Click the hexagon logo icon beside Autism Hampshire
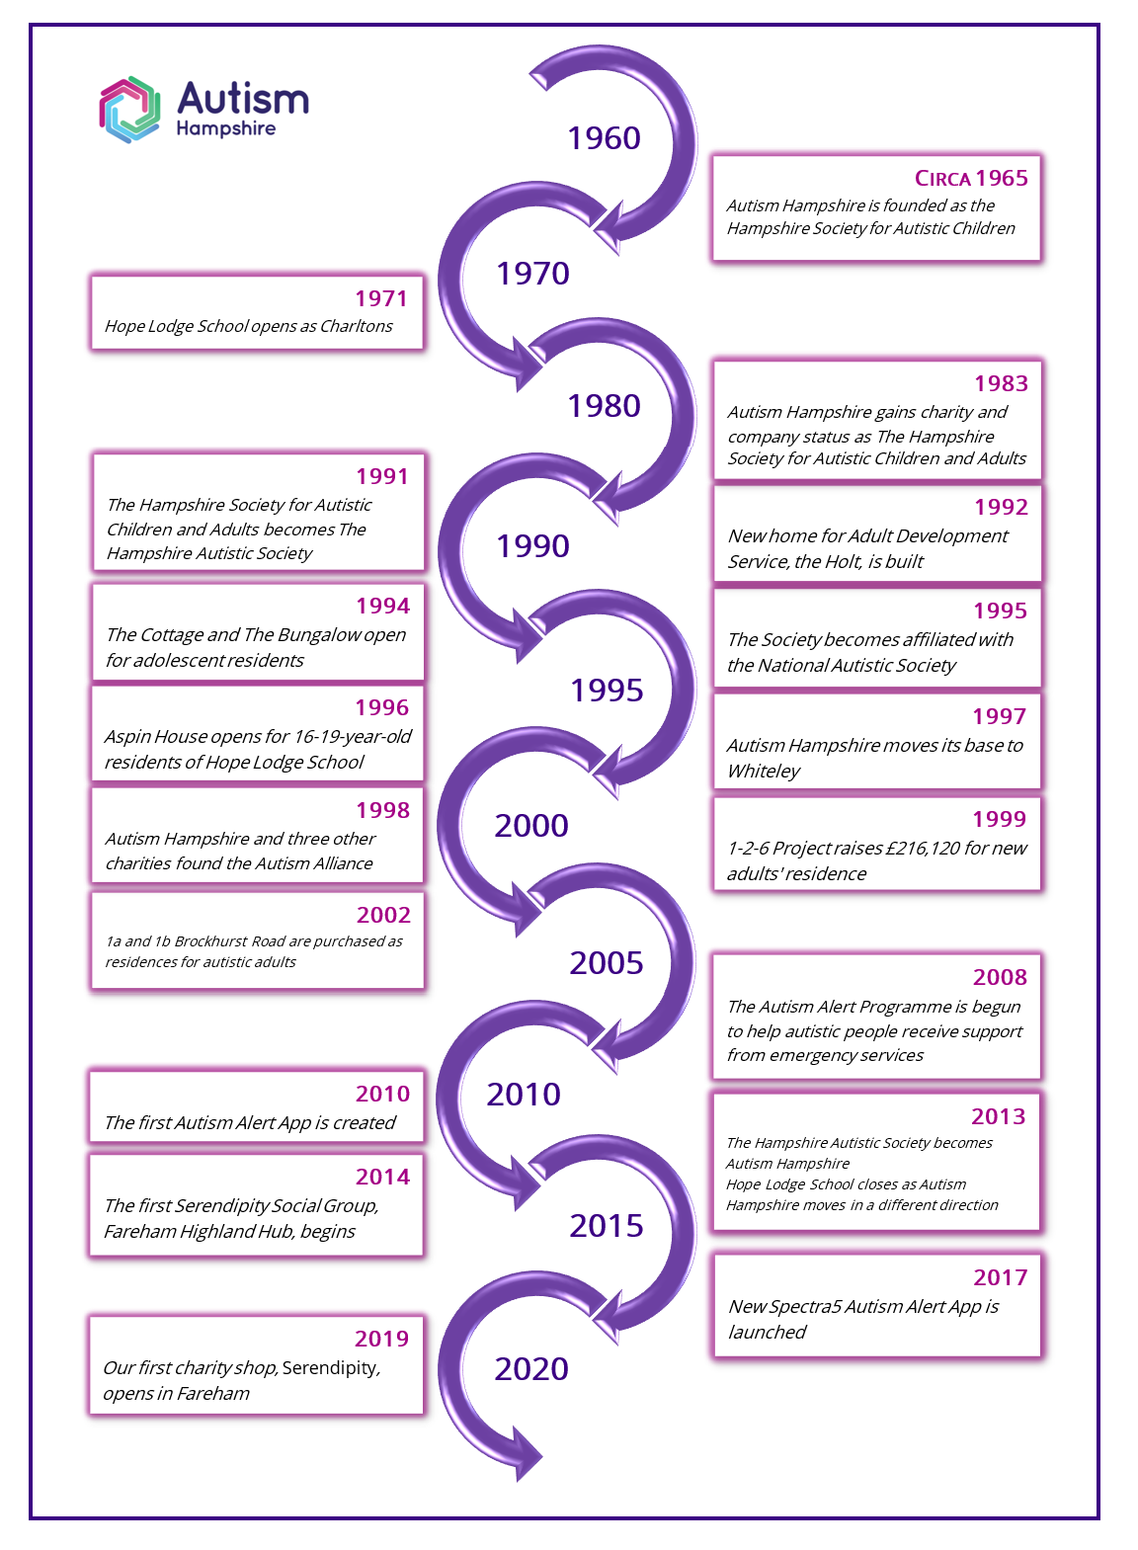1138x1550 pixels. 129,109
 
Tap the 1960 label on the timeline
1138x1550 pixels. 604,138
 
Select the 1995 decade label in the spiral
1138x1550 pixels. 607,690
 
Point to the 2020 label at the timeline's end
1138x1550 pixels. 531,1369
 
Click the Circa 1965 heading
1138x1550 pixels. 971,178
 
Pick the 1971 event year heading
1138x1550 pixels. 381,298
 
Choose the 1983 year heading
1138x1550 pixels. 1001,383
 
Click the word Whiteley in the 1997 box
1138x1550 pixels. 764,772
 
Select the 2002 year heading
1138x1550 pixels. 383,915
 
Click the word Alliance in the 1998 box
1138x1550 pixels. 341,863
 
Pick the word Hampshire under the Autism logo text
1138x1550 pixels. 225,129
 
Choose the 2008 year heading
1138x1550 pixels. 1000,977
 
